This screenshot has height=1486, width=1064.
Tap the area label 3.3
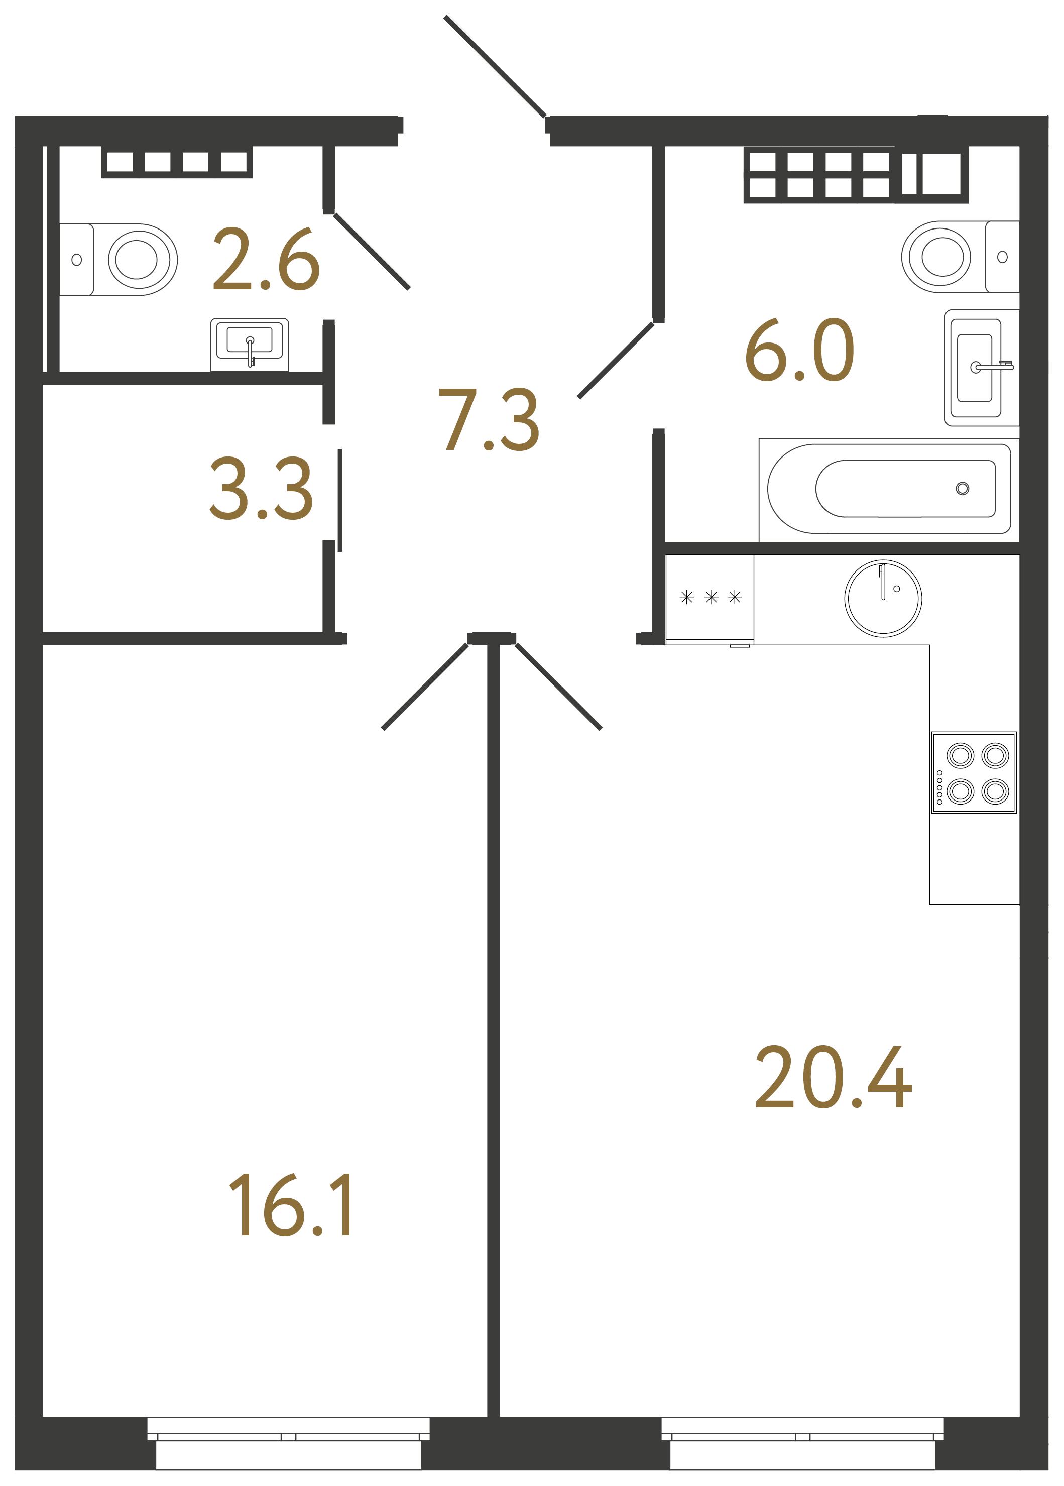click(262, 489)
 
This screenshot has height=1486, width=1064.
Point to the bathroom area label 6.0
click(799, 350)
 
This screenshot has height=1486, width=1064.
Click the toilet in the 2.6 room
click(119, 260)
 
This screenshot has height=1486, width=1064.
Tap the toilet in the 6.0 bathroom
click(961, 257)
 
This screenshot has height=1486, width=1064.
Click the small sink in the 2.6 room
click(250, 345)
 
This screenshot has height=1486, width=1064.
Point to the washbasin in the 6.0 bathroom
click(982, 368)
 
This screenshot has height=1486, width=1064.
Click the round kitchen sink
click(883, 598)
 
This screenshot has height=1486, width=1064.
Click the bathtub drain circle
click(963, 489)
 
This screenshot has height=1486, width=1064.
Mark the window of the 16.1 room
click(288, 1443)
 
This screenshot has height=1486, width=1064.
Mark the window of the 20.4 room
click(802, 1443)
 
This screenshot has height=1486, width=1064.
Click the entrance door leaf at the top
click(495, 66)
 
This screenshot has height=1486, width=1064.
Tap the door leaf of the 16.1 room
click(425, 687)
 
